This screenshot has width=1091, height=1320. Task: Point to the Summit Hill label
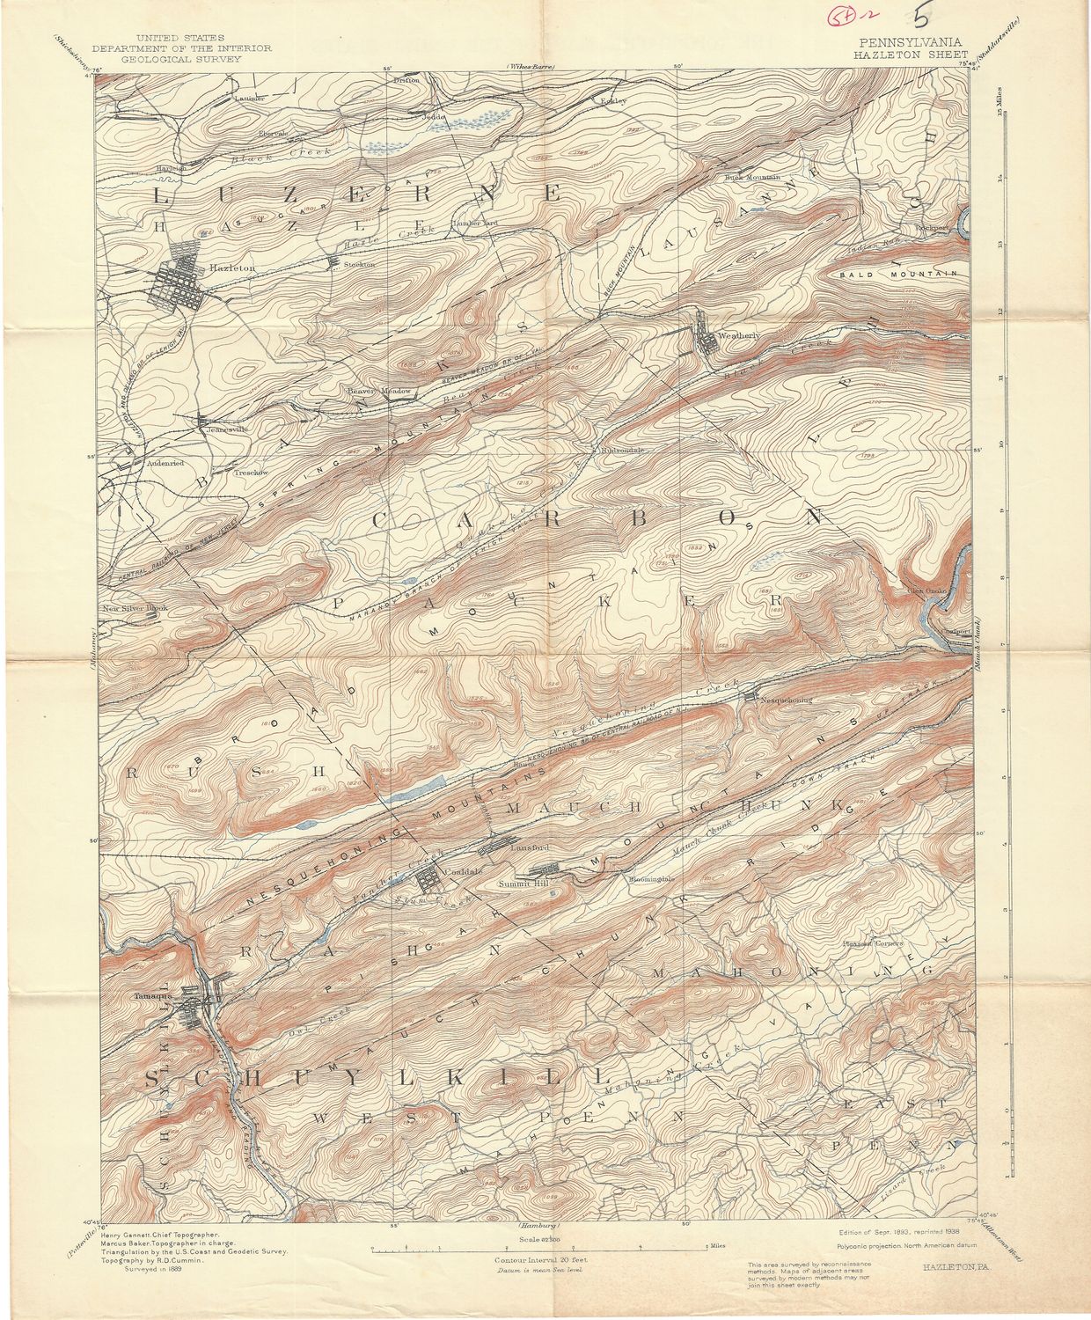[x=519, y=884]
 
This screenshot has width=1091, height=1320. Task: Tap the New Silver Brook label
[x=133, y=608]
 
